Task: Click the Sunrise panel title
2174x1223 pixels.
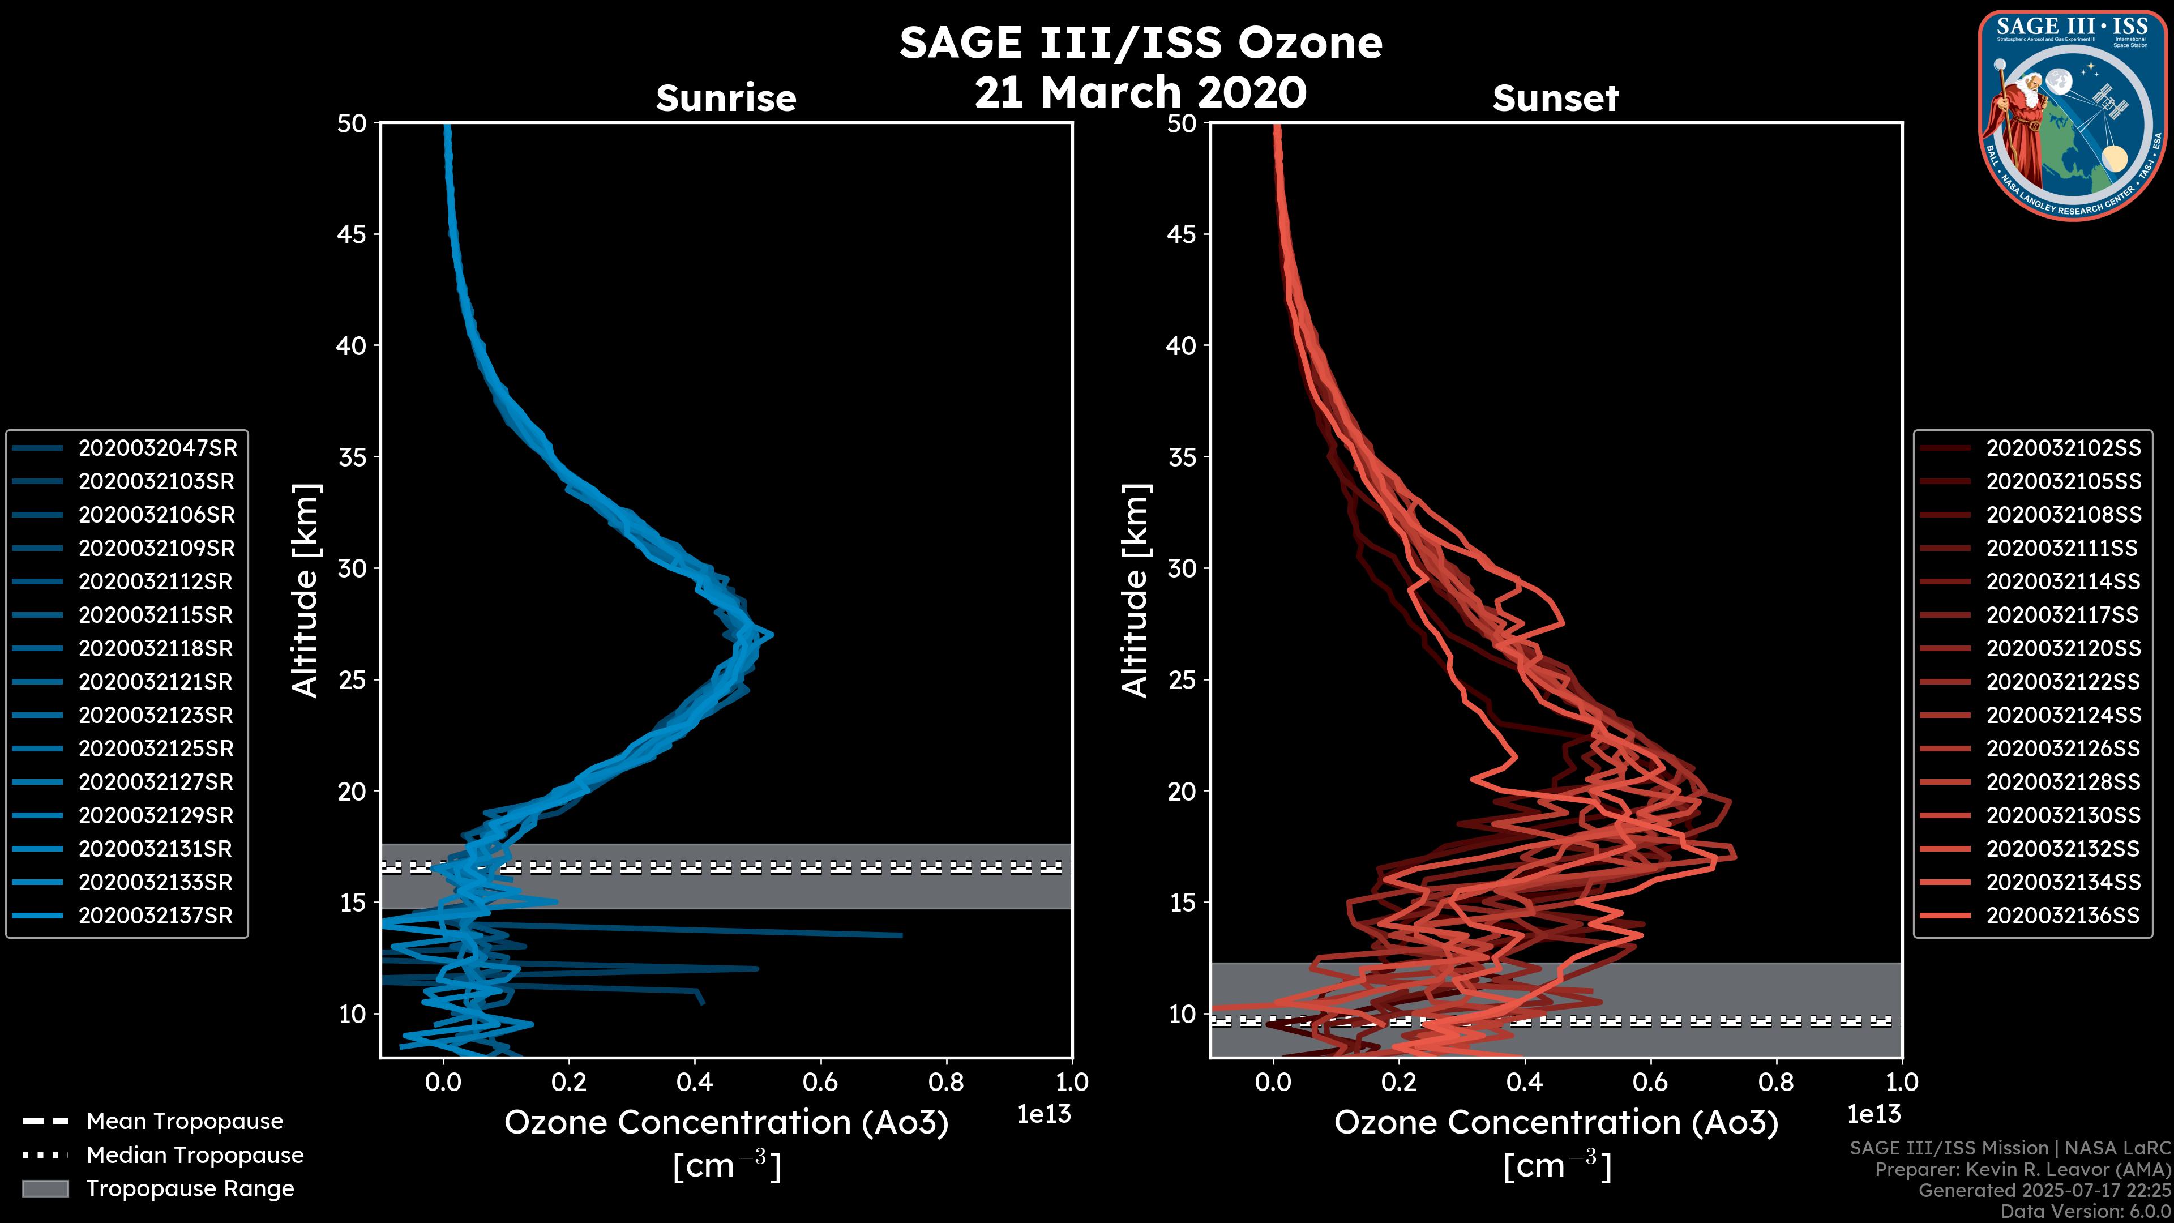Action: tap(726, 98)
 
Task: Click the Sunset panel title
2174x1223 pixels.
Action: tap(1555, 98)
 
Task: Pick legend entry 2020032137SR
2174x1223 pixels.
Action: tap(155, 916)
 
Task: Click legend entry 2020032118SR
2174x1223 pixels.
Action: tap(155, 648)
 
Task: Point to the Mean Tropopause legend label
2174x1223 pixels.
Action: tap(184, 1121)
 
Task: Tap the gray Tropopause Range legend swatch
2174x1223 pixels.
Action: tap(45, 1188)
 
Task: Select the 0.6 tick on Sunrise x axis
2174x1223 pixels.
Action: tap(820, 1082)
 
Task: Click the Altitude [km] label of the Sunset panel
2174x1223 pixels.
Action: tap(1135, 591)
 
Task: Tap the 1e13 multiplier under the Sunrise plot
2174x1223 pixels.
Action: tap(1044, 1114)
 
